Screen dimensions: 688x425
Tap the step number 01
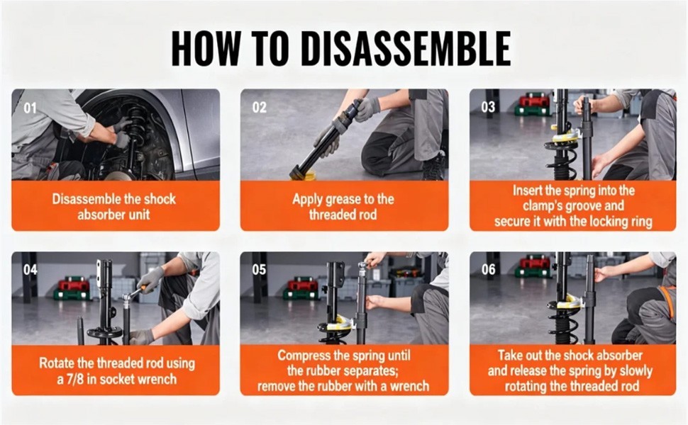30,108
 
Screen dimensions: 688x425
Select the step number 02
260,108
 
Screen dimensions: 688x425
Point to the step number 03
488,107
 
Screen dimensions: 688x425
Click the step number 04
30,269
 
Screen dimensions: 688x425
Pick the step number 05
259,269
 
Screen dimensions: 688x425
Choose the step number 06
489,269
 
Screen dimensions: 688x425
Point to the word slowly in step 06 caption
636,372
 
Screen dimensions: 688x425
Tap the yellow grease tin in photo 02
304,175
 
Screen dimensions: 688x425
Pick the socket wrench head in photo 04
128,298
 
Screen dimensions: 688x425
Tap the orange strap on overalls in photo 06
668,302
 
